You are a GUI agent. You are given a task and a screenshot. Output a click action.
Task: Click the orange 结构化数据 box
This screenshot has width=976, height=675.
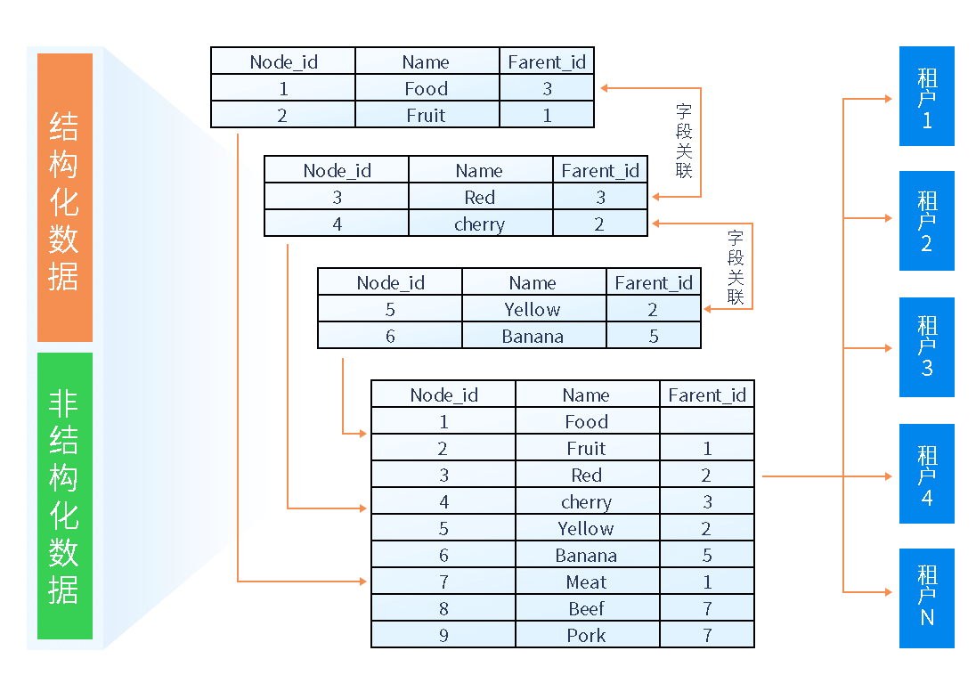pyautogui.click(x=65, y=198)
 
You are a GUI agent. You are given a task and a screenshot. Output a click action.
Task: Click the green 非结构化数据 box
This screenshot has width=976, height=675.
pyautogui.click(x=65, y=496)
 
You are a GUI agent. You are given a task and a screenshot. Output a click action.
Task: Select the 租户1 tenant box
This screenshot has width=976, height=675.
pyautogui.click(x=926, y=96)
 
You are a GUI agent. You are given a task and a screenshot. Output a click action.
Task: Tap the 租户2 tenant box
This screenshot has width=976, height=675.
pyautogui.click(x=926, y=221)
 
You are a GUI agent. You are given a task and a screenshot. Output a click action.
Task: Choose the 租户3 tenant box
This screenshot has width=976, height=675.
pyautogui.click(x=926, y=347)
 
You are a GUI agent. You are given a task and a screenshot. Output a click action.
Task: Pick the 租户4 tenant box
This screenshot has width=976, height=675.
pyautogui.click(x=926, y=474)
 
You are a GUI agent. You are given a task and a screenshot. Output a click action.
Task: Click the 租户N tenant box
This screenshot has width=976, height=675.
pyautogui.click(x=926, y=598)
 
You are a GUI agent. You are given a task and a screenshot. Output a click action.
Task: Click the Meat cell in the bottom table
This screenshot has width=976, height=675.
pyautogui.click(x=587, y=582)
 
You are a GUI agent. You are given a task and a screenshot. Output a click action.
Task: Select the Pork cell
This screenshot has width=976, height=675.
pyautogui.click(x=587, y=636)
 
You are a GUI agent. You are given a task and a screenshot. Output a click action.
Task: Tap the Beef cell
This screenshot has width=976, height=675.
pyautogui.click(x=587, y=609)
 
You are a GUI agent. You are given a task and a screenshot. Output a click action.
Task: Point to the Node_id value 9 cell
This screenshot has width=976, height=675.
pyautogui.click(x=443, y=636)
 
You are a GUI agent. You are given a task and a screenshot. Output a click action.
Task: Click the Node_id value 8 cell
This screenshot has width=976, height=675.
pyautogui.click(x=443, y=609)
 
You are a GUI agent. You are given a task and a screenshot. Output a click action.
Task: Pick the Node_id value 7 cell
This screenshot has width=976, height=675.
pyautogui.click(x=443, y=582)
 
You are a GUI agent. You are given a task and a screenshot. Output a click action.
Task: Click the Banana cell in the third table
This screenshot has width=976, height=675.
pyautogui.click(x=533, y=337)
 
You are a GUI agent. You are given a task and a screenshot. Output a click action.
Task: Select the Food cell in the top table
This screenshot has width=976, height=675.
pyautogui.click(x=426, y=88)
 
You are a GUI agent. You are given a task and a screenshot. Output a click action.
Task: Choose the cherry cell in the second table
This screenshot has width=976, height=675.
pyautogui.click(x=479, y=224)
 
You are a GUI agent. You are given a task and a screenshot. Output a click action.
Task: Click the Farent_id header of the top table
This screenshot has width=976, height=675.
pyautogui.click(x=547, y=61)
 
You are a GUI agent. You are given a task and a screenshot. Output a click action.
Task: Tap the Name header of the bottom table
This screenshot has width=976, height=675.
pyautogui.click(x=586, y=395)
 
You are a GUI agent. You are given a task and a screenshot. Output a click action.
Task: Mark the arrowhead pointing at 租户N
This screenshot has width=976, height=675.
pyautogui.click(x=888, y=592)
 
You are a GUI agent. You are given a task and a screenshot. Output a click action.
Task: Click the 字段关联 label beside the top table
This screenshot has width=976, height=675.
pyautogui.click(x=684, y=141)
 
